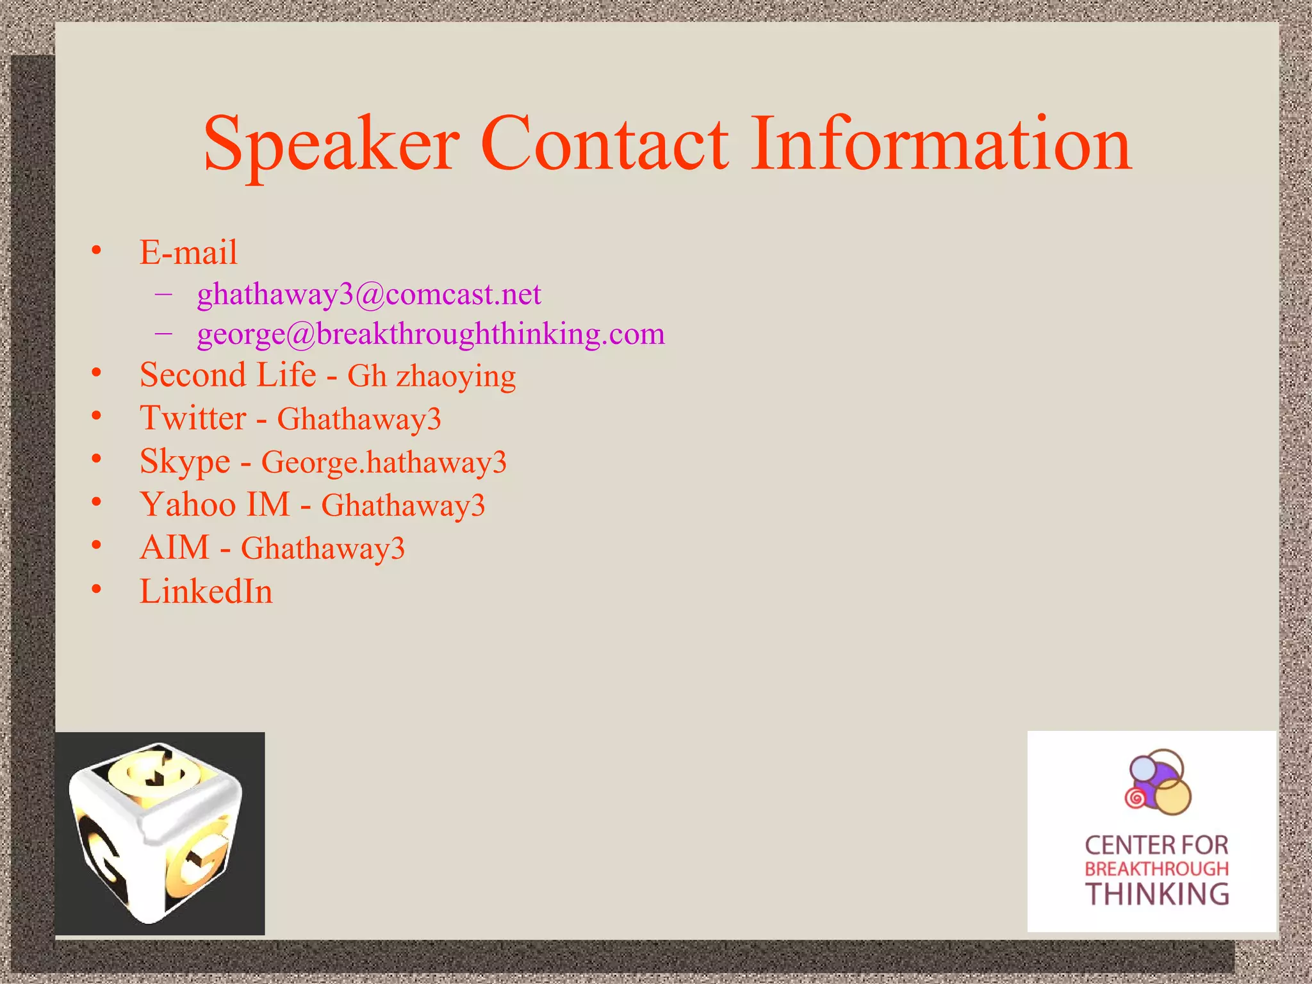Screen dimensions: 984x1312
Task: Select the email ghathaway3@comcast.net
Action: tap(369, 295)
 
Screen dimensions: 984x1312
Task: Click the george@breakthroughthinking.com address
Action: tap(430, 334)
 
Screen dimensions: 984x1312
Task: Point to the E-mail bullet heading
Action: tap(188, 252)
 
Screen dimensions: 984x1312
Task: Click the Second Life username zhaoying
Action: tap(455, 377)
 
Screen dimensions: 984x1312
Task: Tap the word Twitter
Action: tap(193, 418)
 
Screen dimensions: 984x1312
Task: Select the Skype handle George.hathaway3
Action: tap(384, 462)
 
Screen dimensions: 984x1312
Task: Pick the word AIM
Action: tap(174, 548)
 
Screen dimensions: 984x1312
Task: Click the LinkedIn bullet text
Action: tap(206, 591)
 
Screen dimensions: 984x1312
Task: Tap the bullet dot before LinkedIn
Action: tap(96, 589)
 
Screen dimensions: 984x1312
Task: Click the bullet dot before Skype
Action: tap(96, 459)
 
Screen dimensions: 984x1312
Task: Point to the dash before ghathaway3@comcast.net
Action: tap(163, 294)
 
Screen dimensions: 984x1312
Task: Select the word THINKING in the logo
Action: tap(1157, 894)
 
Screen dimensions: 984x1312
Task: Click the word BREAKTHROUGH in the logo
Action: tap(1157, 869)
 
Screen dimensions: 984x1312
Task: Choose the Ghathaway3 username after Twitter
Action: tap(359, 420)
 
